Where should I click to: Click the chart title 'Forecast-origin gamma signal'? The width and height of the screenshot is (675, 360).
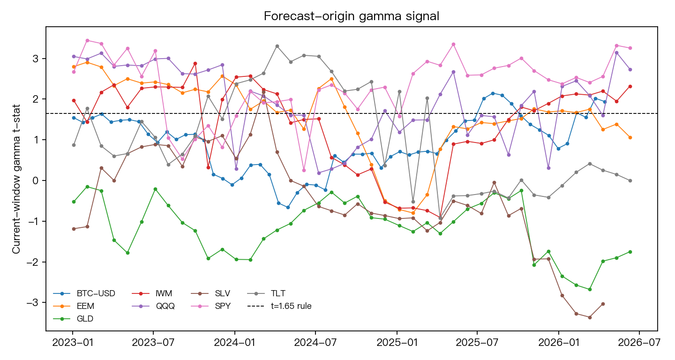click(352, 16)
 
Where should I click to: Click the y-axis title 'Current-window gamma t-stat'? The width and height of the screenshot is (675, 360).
click(16, 179)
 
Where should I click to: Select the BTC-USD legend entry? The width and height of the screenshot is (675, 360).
click(84, 293)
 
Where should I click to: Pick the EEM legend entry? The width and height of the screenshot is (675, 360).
click(74, 306)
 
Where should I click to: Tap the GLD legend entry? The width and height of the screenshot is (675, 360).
click(73, 319)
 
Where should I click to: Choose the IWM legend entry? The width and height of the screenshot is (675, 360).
click(152, 293)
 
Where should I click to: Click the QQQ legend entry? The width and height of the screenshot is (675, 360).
click(153, 306)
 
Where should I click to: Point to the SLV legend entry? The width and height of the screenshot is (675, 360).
click(210, 293)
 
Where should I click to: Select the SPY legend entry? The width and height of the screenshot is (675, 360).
click(211, 306)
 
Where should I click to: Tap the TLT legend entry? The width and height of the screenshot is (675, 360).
click(266, 293)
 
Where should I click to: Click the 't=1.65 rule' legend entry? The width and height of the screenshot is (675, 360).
click(279, 306)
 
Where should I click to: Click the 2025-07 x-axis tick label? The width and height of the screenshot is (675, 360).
click(477, 343)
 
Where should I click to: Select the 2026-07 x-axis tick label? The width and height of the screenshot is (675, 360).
click(639, 343)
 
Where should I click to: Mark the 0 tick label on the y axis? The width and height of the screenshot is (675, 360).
click(36, 180)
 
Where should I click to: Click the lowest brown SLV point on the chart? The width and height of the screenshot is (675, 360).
click(590, 317)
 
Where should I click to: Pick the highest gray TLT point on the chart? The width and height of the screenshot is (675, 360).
click(277, 46)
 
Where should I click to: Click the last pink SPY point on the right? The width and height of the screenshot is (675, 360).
click(630, 48)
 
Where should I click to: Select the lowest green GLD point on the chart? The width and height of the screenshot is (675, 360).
click(590, 289)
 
